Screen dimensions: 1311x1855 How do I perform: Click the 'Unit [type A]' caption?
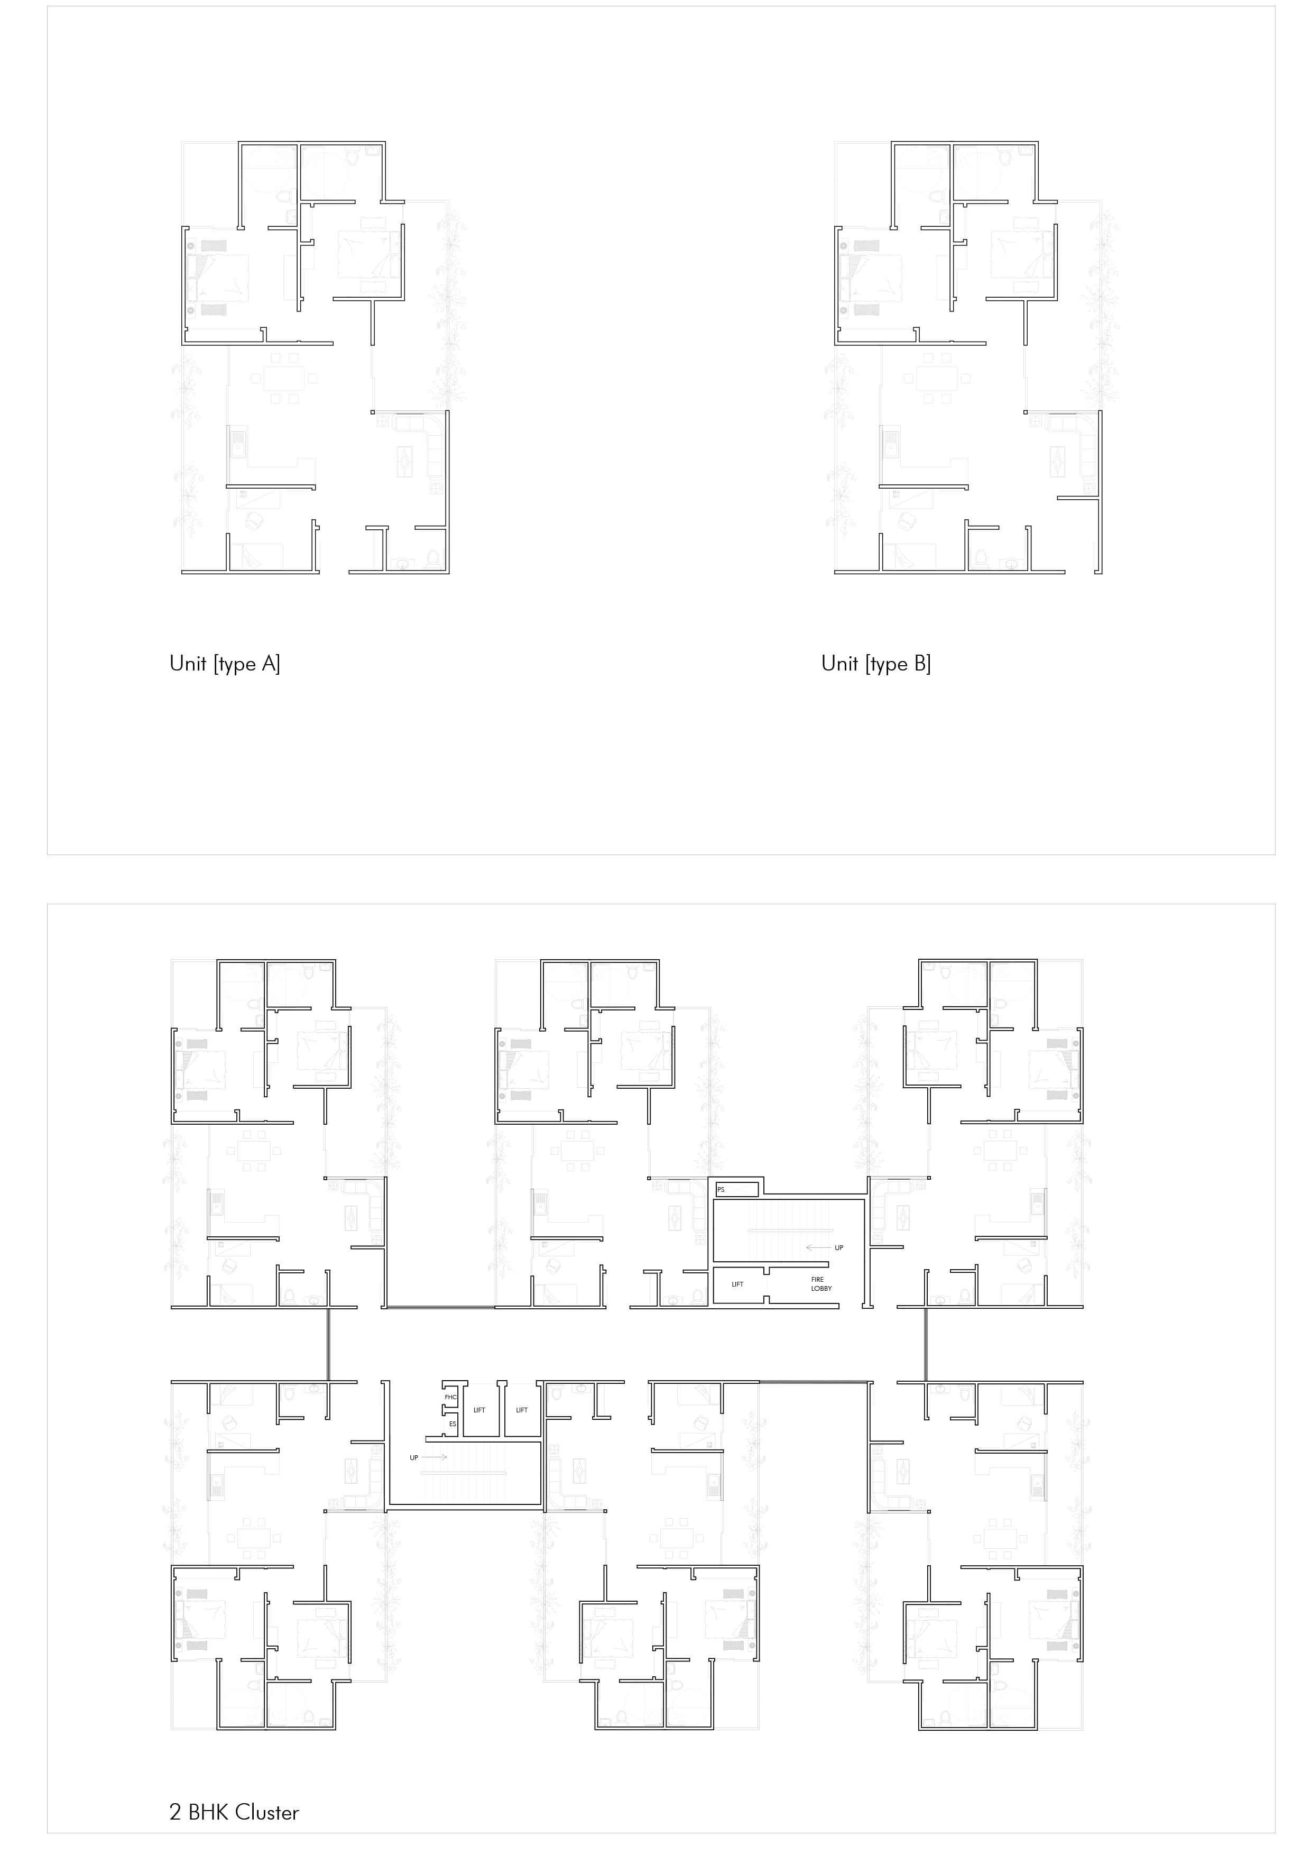tap(225, 664)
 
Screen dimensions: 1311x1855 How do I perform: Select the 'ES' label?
tap(453, 1424)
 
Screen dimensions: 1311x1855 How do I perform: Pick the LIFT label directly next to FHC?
tap(479, 1410)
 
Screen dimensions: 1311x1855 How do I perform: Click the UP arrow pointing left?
tap(817, 1247)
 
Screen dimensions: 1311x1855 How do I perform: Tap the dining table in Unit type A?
tap(283, 378)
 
